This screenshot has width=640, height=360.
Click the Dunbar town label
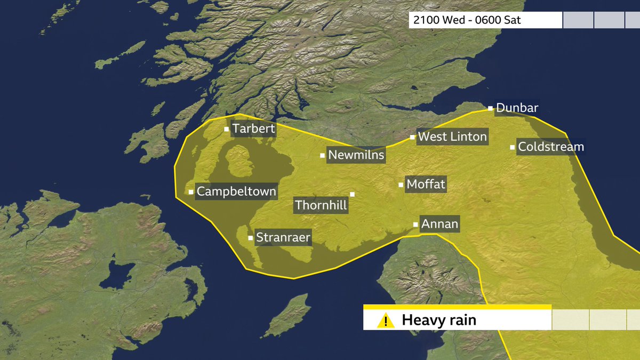[517, 108]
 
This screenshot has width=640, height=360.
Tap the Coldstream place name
[551, 147]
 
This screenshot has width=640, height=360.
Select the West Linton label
[452, 137]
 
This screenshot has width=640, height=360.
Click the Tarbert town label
[253, 129]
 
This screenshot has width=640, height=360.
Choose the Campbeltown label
[236, 191]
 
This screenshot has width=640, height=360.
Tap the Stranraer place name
[283, 237]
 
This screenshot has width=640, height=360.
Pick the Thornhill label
[321, 205]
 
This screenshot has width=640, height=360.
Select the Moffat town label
[426, 185]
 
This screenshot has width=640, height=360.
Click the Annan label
[439, 224]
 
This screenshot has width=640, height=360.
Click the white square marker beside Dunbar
[490, 108]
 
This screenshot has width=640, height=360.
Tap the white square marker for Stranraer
[251, 237]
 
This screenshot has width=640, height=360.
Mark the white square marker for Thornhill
[352, 194]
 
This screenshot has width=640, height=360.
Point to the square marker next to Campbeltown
[191, 191]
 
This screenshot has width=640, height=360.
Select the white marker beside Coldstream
[513, 147]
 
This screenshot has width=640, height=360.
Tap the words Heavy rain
[438, 321]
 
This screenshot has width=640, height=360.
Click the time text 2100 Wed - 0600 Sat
[464, 21]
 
